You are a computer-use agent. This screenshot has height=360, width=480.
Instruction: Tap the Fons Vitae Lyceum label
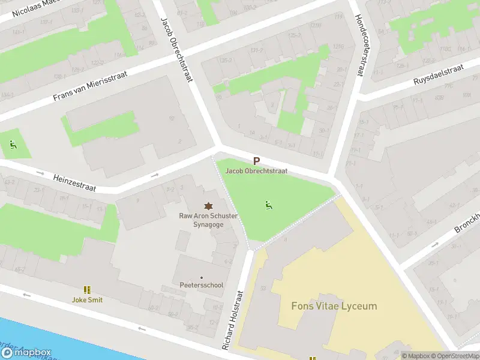click(x=334, y=306)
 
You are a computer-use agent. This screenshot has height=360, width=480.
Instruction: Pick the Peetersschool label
click(x=202, y=285)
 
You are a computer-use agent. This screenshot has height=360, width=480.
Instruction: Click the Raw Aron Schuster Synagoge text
click(x=208, y=220)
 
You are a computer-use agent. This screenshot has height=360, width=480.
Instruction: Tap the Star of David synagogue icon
click(x=208, y=205)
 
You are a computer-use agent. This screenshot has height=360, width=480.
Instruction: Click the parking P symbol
click(x=256, y=161)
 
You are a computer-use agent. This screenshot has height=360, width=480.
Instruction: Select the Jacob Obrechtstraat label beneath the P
click(x=256, y=171)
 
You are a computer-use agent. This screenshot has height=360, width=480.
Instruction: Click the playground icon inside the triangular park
click(x=268, y=205)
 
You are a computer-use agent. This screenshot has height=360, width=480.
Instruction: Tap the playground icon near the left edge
click(x=13, y=145)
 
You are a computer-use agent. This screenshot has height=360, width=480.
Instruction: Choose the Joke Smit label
click(x=87, y=299)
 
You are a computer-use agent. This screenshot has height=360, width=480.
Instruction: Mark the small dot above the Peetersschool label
click(x=202, y=277)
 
